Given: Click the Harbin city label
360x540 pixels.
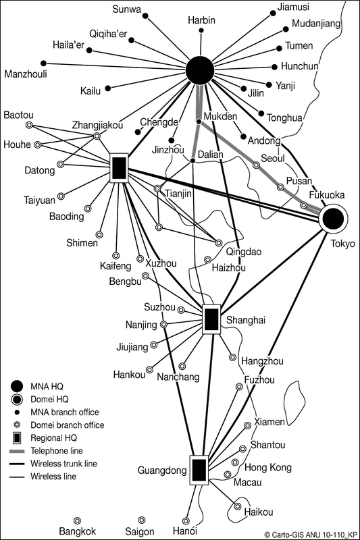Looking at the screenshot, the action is [x=201, y=20].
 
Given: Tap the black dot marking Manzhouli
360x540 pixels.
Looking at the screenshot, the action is [x=43, y=63].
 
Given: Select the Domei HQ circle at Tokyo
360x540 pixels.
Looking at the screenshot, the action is [x=333, y=218].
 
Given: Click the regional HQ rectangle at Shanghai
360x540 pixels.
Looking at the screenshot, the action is [x=211, y=319].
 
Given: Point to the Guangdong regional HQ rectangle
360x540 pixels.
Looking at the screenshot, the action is [x=199, y=470].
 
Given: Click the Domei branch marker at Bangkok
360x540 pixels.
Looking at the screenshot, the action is [x=78, y=520].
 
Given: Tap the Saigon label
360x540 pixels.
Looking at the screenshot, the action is [x=140, y=531].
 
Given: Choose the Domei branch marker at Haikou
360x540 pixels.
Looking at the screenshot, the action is [x=238, y=506].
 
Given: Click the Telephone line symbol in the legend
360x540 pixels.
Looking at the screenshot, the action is [x=17, y=451].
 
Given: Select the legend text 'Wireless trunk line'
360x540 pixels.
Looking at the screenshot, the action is [x=63, y=464].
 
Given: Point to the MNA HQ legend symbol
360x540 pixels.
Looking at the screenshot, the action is [x=17, y=386].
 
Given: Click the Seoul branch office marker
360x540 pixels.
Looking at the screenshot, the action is [x=256, y=165].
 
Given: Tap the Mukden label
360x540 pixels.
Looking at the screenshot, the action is [x=220, y=116].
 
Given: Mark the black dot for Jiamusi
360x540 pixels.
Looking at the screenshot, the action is [x=273, y=13].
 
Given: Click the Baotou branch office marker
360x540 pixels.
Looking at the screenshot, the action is [x=30, y=125].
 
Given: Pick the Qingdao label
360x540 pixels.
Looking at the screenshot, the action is [x=244, y=252].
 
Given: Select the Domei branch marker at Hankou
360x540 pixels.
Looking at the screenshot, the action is [x=149, y=369].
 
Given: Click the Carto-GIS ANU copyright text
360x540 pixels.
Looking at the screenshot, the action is [x=311, y=535].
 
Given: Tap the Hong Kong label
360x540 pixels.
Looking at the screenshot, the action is [x=268, y=468].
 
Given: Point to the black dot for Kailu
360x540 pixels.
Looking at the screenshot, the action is [x=108, y=88].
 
